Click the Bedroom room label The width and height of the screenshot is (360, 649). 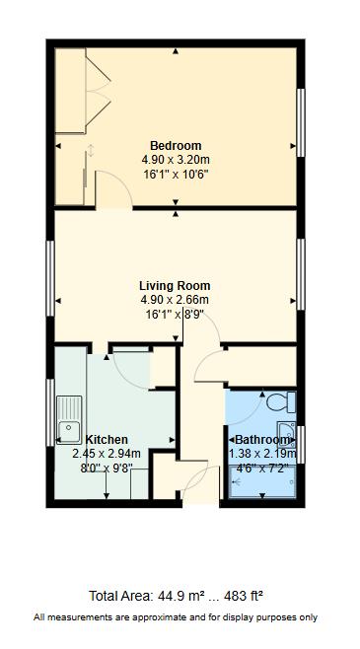tap(176, 146)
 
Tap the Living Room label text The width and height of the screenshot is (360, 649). tap(175, 286)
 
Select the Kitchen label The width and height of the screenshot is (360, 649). tap(107, 440)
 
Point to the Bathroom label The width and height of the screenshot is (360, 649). tap(262, 440)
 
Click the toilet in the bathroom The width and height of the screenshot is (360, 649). tap(281, 401)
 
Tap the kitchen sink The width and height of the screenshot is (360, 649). tap(69, 420)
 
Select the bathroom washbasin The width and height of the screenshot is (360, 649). tap(286, 435)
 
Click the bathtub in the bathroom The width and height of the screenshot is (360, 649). tap(262, 481)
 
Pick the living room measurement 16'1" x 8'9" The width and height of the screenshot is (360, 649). tap(176, 315)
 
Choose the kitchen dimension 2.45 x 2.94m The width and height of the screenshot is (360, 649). tap(107, 454)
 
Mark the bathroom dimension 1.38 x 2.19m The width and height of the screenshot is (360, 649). tap(262, 454)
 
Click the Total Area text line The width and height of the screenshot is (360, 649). tap(177, 596)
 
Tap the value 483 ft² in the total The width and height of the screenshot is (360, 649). tap(244, 596)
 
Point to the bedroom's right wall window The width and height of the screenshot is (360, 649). tap(301, 122)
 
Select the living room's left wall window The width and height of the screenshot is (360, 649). tap(50, 278)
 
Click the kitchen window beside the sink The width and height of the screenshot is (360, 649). tap(50, 412)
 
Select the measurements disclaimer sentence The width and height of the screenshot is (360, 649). tap(176, 617)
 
